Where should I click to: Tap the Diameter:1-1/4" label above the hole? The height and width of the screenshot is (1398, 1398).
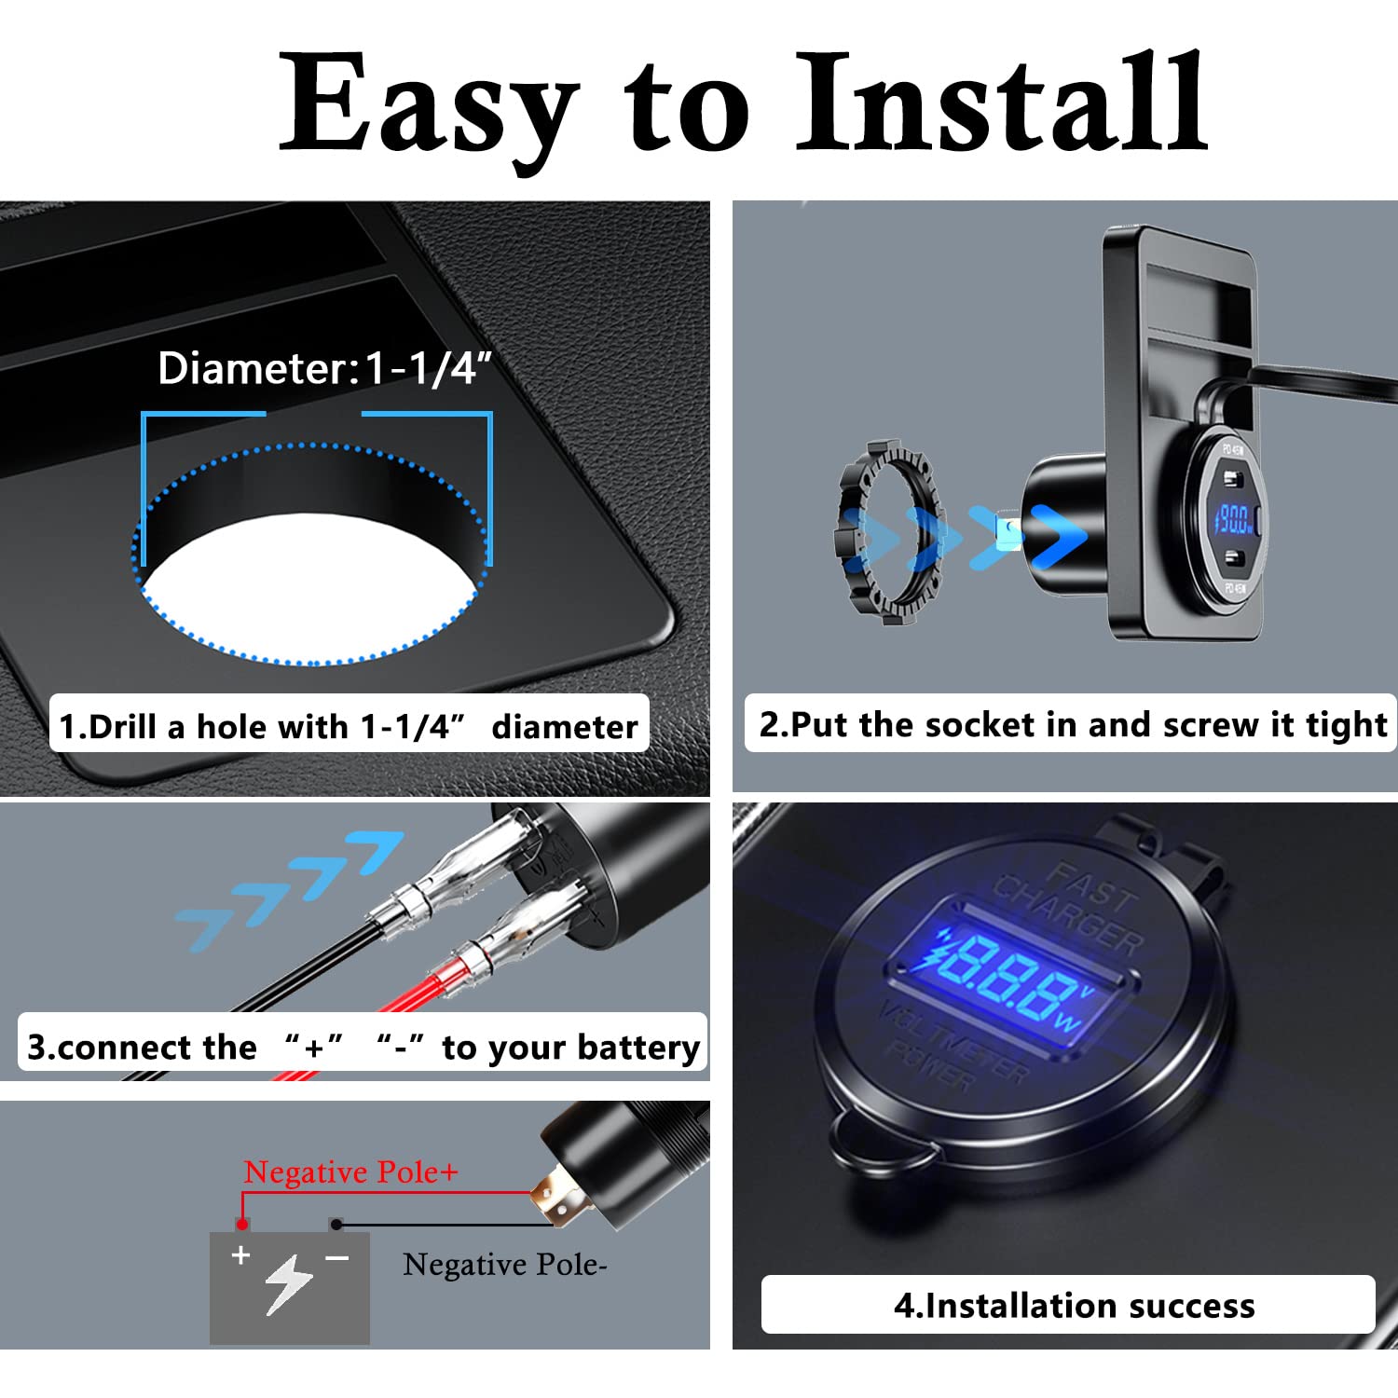(x=323, y=368)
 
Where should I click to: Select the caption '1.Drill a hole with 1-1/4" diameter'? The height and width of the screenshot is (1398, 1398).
(x=348, y=726)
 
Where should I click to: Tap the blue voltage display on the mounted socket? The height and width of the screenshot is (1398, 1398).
(x=1235, y=519)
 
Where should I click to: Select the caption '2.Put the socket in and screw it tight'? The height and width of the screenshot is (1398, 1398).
(x=1072, y=724)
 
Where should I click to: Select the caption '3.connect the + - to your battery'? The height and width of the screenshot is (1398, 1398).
(x=363, y=1047)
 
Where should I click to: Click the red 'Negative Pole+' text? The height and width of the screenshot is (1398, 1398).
(x=350, y=1172)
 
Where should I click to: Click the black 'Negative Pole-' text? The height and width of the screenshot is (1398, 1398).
(x=504, y=1265)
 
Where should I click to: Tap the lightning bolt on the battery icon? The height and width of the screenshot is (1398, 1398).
(x=288, y=1284)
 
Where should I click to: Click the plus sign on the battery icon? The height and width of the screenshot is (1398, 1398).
(x=241, y=1255)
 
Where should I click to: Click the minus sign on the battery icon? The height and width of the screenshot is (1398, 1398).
(x=336, y=1258)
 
